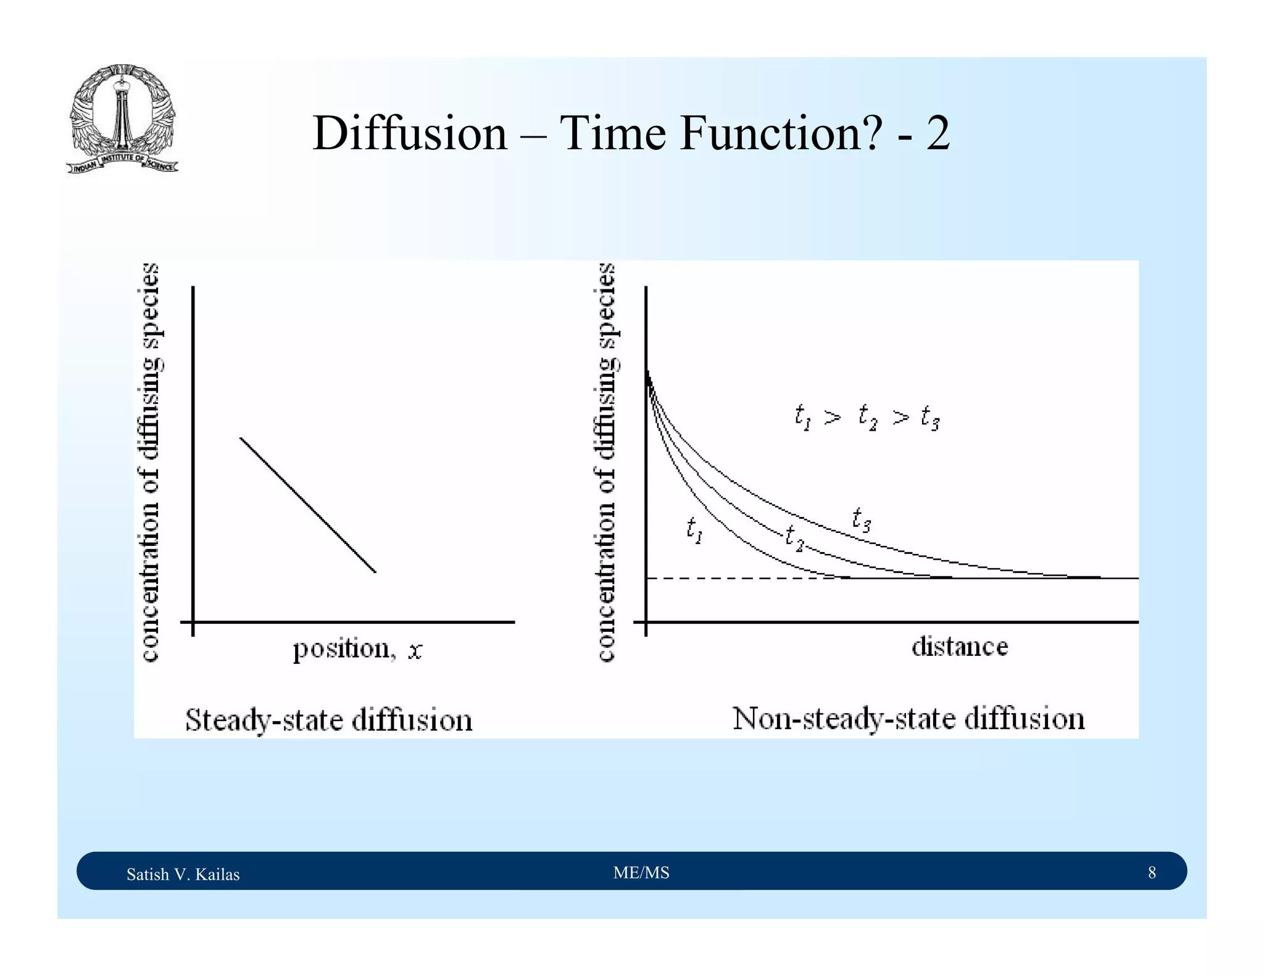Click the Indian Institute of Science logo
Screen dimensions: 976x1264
tap(122, 119)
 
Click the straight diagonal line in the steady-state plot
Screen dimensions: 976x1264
tap(307, 505)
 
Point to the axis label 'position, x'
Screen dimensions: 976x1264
tap(357, 649)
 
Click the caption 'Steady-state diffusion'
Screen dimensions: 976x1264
tap(328, 720)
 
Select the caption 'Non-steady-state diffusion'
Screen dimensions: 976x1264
tap(908, 719)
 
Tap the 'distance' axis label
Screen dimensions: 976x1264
tap(959, 647)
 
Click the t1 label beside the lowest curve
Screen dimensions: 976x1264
tap(694, 530)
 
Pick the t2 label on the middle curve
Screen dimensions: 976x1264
tap(794, 538)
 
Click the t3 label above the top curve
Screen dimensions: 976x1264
tap(861, 519)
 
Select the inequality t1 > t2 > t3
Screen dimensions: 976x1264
tap(867, 418)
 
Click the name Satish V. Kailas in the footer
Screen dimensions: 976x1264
tap(183, 874)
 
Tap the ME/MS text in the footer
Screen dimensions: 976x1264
tap(641, 872)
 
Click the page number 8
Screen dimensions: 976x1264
tap(1152, 872)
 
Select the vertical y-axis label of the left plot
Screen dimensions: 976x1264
tap(151, 463)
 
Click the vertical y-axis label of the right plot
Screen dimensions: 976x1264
tap(607, 463)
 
